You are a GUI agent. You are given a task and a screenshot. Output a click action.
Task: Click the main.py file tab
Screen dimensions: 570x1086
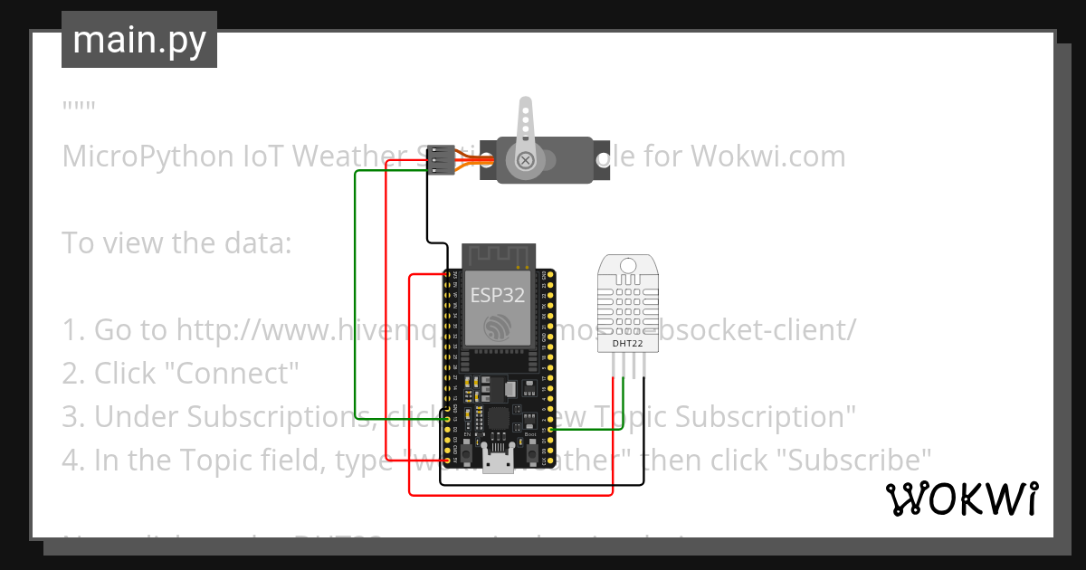tap(138, 41)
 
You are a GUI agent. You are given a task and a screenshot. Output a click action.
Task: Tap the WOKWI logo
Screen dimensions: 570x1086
tap(961, 499)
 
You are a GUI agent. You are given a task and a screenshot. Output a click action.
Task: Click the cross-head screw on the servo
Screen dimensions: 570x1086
tap(524, 162)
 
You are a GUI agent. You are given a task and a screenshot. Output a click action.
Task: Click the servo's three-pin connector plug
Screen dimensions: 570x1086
tap(439, 160)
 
